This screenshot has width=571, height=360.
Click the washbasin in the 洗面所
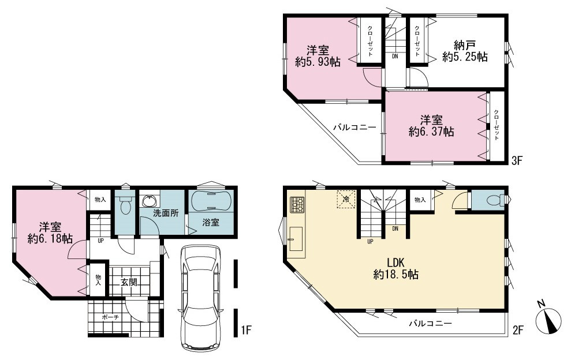click(x=150, y=201)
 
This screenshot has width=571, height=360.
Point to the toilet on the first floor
click(x=125, y=205)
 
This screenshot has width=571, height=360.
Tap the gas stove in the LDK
click(x=296, y=205)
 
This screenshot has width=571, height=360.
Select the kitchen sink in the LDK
click(x=296, y=239)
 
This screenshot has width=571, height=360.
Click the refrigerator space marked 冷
click(x=346, y=199)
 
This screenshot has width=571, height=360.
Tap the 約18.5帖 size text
click(x=396, y=274)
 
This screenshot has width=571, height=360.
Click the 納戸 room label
click(x=465, y=46)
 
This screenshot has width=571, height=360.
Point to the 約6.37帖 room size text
click(x=431, y=132)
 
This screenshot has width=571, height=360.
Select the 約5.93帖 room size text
click(x=318, y=62)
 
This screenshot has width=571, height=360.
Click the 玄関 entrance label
click(x=129, y=282)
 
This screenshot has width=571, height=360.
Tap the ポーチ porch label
click(x=110, y=317)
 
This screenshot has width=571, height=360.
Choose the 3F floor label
click(x=517, y=160)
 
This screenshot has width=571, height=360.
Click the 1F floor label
click(x=246, y=330)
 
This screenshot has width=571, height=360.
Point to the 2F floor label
click(x=518, y=330)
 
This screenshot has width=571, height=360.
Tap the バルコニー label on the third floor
click(x=354, y=127)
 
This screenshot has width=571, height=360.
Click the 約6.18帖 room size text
click(x=50, y=238)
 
